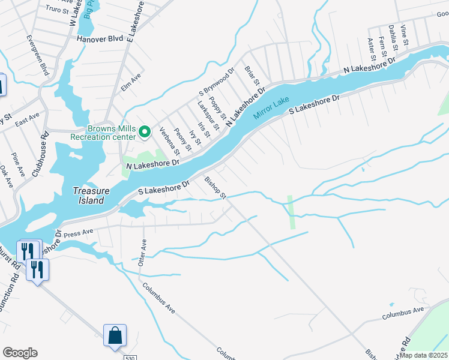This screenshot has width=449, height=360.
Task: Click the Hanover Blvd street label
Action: [100, 38]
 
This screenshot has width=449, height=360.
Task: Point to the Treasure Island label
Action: [91, 195]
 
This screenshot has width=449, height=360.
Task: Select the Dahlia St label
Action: [393, 37]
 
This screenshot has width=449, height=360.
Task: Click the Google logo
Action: [20, 353]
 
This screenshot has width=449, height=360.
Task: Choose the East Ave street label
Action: [27, 119]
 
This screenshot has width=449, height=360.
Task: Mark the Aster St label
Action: [371, 46]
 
